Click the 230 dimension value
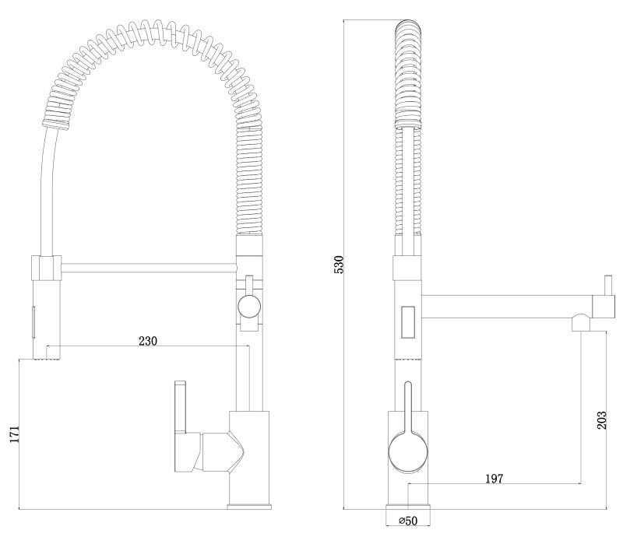point(148,341)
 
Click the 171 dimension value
point(14,435)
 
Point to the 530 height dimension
point(339,265)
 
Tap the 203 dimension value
point(602,420)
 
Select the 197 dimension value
point(495,479)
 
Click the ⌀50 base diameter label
point(408,521)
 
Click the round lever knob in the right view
point(407,453)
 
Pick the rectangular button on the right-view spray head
point(408,321)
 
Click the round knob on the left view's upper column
point(249,307)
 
